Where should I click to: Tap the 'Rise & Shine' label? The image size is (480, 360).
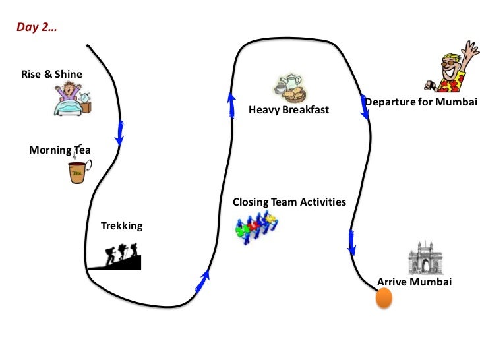coord(51,74)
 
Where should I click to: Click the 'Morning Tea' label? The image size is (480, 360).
coord(59,150)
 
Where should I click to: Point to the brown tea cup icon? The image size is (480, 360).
coord(78,172)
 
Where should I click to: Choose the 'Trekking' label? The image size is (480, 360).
coord(121,226)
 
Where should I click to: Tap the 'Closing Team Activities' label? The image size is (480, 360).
coord(289,202)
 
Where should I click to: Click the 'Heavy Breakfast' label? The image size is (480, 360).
coord(288,109)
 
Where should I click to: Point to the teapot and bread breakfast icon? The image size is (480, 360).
coord(290,89)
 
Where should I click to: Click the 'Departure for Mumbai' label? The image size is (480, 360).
coord(421,102)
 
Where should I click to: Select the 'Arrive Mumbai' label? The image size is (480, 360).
coord(414,282)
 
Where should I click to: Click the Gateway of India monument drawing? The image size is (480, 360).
coord(423,258)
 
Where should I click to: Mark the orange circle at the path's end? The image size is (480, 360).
coord(383,298)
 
